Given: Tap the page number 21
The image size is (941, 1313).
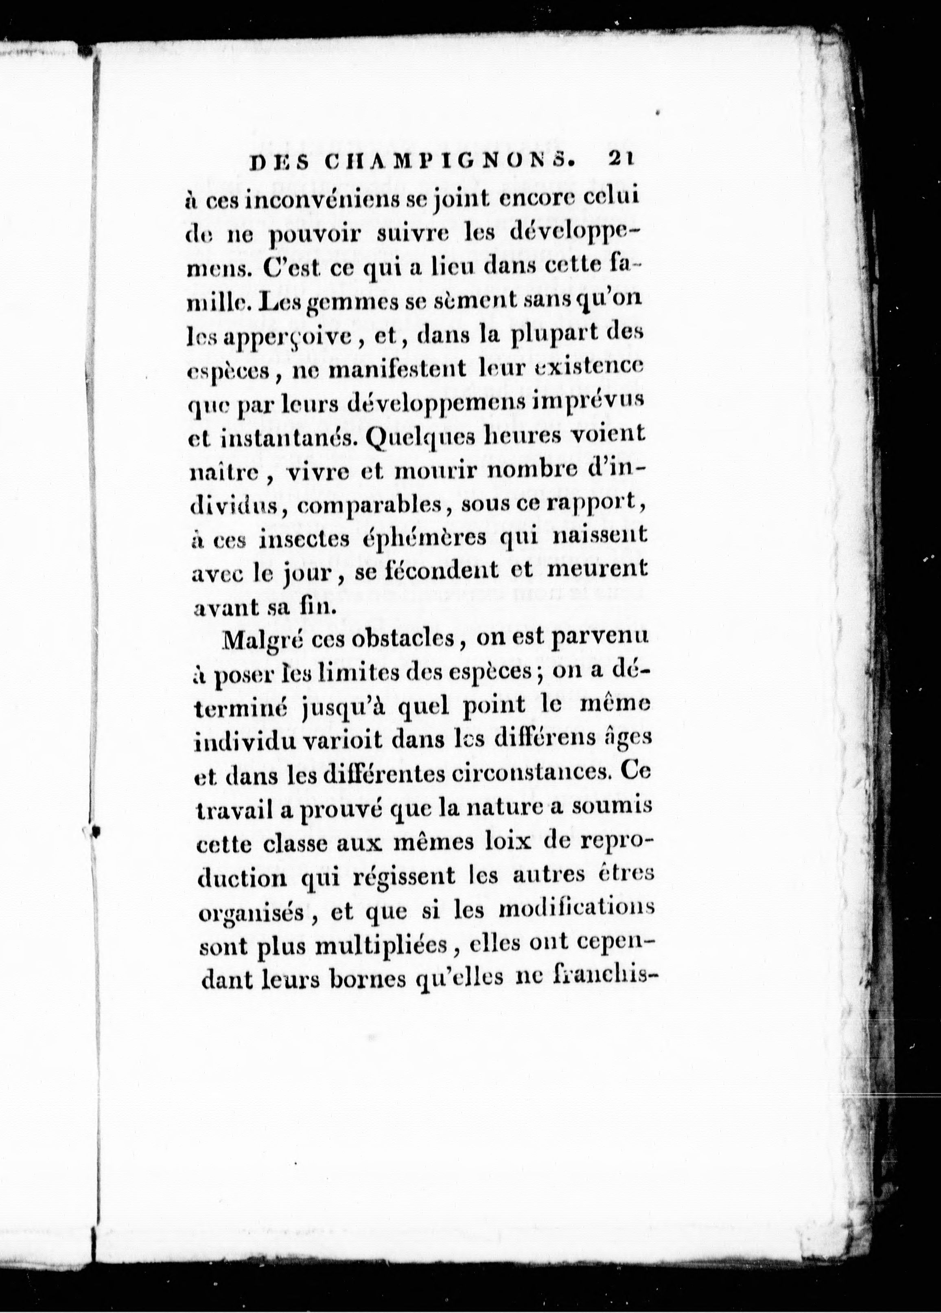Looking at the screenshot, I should pyautogui.click(x=621, y=160).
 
